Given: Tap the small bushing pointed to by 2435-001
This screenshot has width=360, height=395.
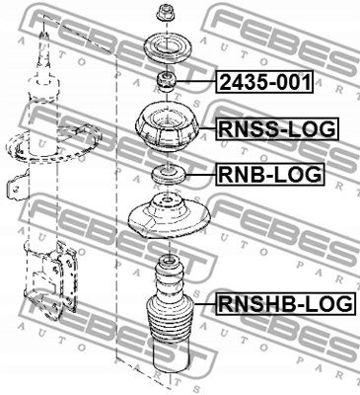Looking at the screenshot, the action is [x=165, y=81].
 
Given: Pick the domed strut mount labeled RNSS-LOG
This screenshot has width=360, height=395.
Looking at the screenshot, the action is [x=165, y=127].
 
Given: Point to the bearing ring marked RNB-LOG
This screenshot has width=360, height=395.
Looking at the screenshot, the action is [x=165, y=176].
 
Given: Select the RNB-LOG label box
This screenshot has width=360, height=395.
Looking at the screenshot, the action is [x=269, y=176].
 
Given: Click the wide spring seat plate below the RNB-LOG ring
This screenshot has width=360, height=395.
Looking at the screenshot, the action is [x=165, y=220].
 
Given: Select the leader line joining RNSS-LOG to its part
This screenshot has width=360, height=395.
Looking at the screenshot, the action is [x=205, y=128].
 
